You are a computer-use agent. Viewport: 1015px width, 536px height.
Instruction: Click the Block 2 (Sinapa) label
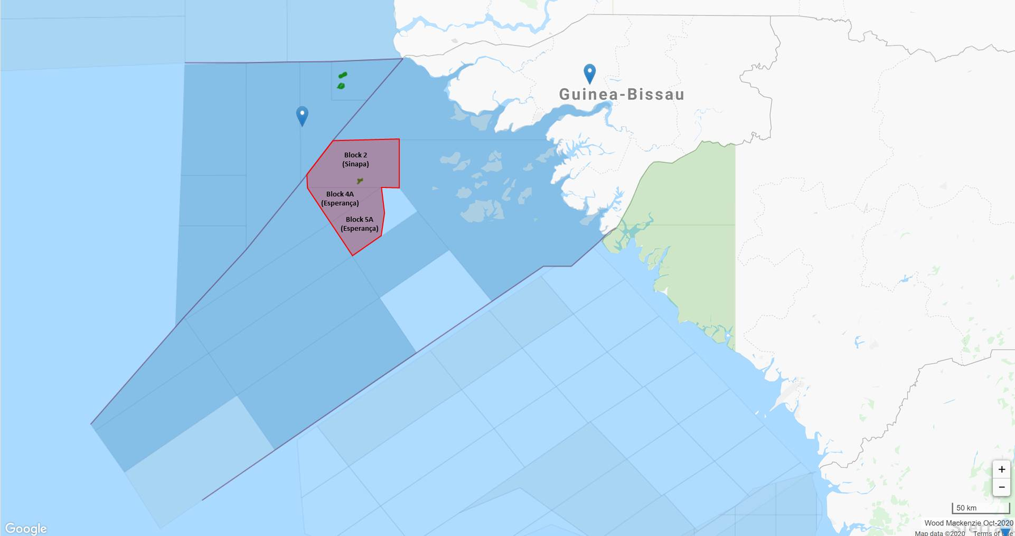coord(355,160)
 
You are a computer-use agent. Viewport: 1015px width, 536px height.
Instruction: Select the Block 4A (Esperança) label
coord(340,199)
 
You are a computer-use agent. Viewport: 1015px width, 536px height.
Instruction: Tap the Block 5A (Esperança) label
coord(359,224)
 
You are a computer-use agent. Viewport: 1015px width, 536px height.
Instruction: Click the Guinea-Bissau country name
coord(622,95)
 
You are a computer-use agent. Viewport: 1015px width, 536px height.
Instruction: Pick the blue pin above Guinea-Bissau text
coord(589,72)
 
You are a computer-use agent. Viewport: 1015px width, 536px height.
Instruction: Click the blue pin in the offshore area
coord(302,115)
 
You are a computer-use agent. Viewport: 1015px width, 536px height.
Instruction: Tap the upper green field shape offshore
coord(343,76)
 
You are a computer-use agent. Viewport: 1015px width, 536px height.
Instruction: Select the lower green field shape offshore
coord(341,86)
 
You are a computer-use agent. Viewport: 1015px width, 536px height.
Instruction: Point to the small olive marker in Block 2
coord(360,181)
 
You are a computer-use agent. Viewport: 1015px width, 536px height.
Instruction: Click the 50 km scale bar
coord(981,509)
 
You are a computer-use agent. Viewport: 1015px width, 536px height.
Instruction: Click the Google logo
coord(26,528)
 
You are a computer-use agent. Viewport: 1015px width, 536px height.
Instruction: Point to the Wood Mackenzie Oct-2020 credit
coord(968,523)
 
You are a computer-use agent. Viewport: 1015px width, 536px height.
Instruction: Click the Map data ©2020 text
coord(940,533)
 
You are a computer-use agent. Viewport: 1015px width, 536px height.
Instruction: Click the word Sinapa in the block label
coord(356,164)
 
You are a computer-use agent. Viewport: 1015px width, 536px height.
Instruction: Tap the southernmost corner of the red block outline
coord(353,255)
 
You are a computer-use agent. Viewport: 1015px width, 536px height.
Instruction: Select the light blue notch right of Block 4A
coord(398,204)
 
